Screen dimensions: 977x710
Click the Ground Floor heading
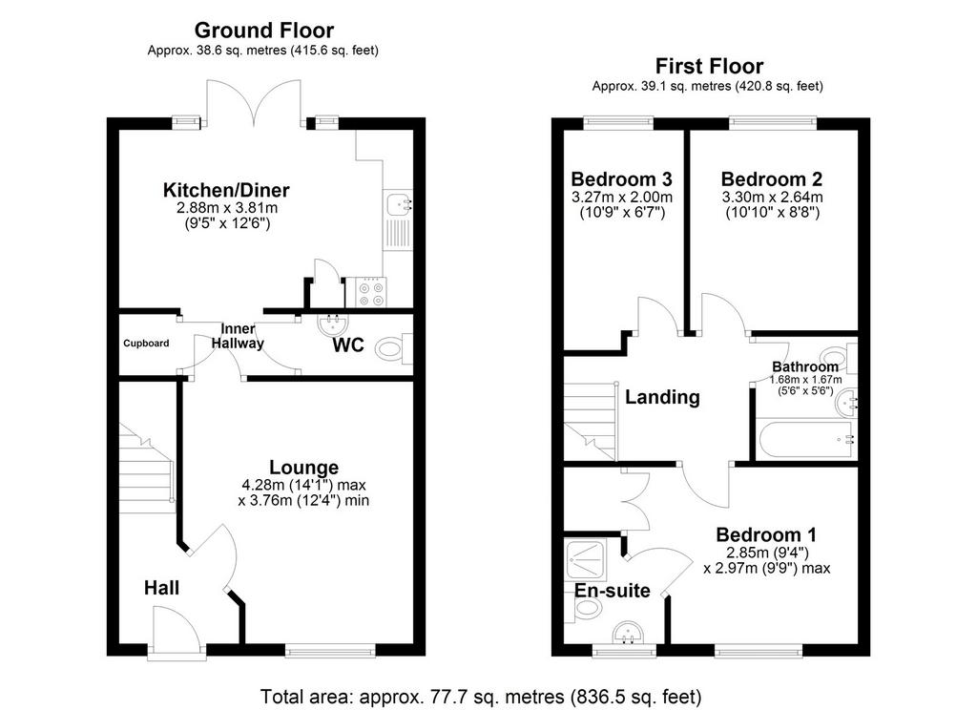[264, 30]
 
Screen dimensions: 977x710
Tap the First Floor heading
[709, 66]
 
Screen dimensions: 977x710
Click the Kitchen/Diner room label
[226, 190]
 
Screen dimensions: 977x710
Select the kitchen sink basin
[397, 204]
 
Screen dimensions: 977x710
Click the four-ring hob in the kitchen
[371, 292]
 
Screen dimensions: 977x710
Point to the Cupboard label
[146, 344]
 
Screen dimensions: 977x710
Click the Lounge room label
[304, 467]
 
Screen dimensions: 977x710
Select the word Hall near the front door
[161, 588]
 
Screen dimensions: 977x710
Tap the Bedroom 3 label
[621, 179]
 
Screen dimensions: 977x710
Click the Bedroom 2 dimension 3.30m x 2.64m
[772, 198]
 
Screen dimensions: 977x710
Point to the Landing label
[662, 397]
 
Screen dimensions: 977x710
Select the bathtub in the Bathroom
[806, 440]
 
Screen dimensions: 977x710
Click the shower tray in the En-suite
[587, 561]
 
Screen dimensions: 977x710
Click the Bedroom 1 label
[766, 534]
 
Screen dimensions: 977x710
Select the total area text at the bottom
[481, 696]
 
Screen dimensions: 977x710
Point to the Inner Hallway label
[238, 336]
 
